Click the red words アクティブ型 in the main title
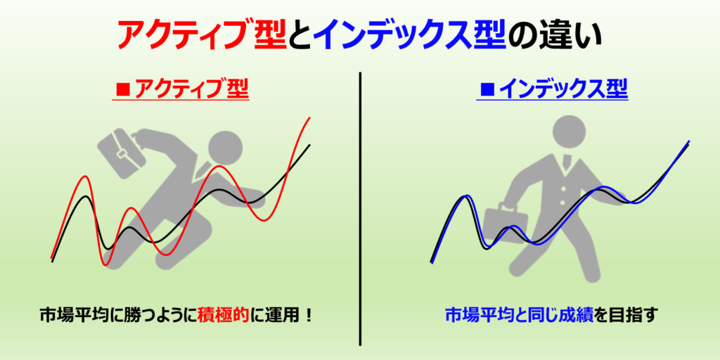coord(201,35)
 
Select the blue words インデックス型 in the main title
coord(411,35)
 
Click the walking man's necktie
coord(567,163)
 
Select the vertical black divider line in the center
coord(361,208)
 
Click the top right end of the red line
coord(310,117)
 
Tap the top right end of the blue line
coord(689,141)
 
